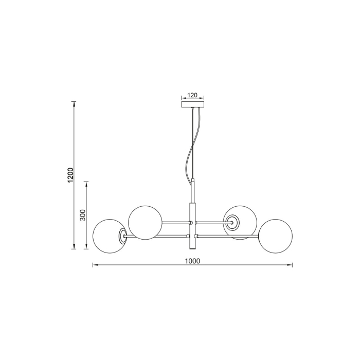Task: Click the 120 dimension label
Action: [193, 95]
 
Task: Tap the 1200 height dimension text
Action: [70, 175]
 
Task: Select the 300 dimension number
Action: [82, 214]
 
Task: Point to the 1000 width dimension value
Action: [192, 261]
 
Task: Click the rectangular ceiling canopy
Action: [193, 104]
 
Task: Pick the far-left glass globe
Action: [107, 236]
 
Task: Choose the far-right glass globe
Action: [275, 236]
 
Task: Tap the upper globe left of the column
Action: [146, 222]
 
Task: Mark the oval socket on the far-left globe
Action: [123, 236]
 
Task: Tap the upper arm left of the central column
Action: [175, 223]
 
